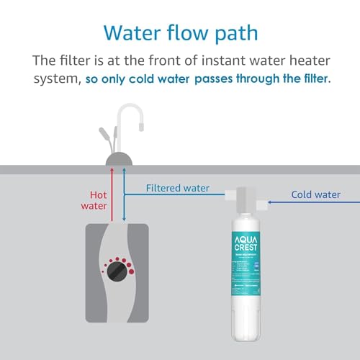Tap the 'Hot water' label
(x=98, y=201)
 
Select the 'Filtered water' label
(x=178, y=189)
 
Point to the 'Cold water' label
(x=315, y=194)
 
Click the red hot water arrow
(x=111, y=194)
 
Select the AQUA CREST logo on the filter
(x=246, y=249)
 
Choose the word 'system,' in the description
(x=53, y=78)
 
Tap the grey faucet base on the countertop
(x=117, y=158)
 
